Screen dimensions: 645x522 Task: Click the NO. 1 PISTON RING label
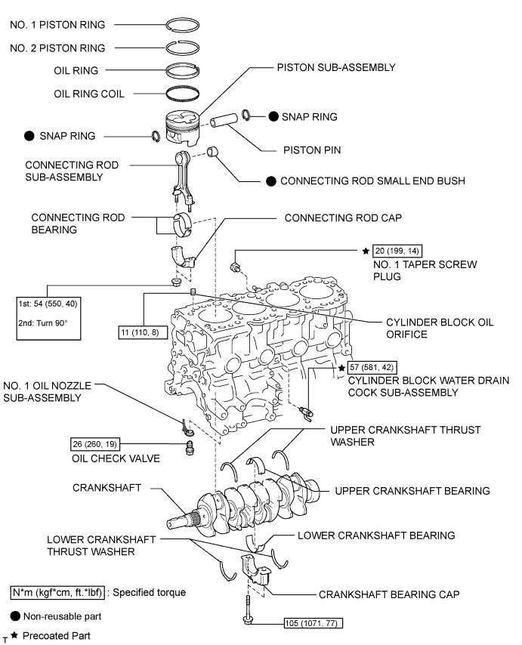[x=57, y=24]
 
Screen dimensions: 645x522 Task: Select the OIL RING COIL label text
[x=89, y=94]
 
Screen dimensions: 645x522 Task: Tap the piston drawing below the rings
[x=184, y=128]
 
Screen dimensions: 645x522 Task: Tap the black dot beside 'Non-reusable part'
[x=14, y=616]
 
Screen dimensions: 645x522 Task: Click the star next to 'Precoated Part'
[x=14, y=636]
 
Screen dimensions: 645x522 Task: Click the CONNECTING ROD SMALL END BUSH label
[x=372, y=181]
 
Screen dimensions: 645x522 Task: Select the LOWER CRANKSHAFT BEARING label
[x=376, y=535]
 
